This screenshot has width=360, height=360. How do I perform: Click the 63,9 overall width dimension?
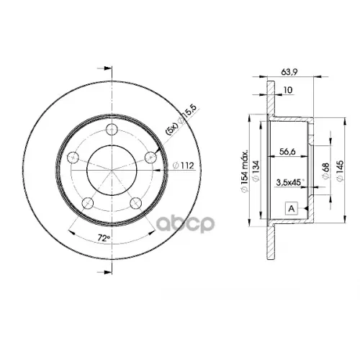(287, 72)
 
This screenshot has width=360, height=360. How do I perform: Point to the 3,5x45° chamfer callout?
(289, 184)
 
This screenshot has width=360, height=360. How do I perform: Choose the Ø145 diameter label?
(340, 170)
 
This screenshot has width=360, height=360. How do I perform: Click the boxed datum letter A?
(291, 208)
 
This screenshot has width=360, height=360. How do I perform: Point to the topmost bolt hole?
(112, 130)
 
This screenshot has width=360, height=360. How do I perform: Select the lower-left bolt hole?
(87, 203)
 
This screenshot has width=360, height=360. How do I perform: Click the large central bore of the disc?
(112, 171)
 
